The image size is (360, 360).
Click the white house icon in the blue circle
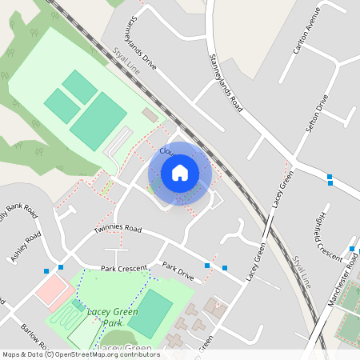tap(180, 172)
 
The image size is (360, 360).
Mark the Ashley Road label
tap(25, 247)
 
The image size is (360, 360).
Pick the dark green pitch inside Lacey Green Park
tap(150, 312)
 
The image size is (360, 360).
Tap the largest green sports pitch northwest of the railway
tap(98, 119)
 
